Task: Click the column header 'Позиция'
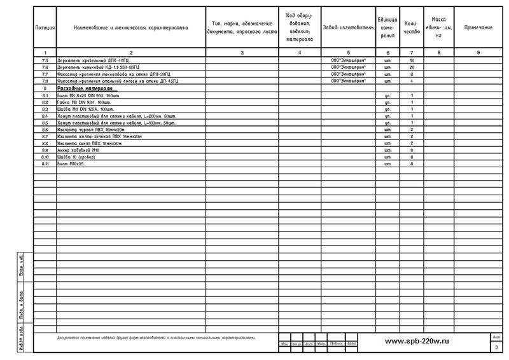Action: point(45,28)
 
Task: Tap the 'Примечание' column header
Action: point(478,28)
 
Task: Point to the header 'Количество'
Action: point(412,28)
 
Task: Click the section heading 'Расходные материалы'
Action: point(85,88)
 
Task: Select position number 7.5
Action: point(45,60)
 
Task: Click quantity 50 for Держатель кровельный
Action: point(412,60)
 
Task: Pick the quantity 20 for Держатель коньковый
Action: point(412,67)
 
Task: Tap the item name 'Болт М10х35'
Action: point(71,163)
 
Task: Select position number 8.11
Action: point(45,163)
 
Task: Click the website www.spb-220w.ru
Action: point(417,341)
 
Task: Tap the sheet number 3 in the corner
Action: point(496,347)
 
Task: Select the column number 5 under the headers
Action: point(348,52)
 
